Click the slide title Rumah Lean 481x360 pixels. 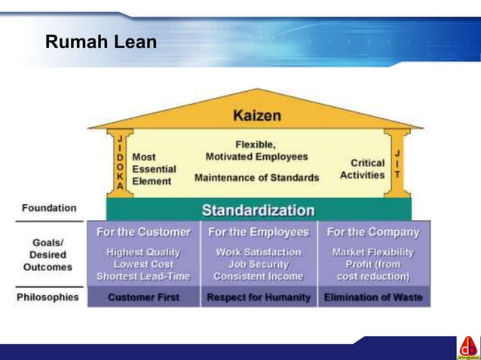click(100, 42)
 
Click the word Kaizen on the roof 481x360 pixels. click(257, 115)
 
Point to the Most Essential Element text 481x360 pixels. click(154, 169)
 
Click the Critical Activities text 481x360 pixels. click(366, 169)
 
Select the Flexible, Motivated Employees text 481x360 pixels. click(256, 151)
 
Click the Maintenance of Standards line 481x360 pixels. click(256, 178)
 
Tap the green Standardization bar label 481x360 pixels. click(258, 209)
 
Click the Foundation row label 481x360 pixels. click(49, 208)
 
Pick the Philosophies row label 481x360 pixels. click(47, 297)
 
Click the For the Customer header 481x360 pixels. click(143, 232)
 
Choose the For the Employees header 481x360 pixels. click(259, 232)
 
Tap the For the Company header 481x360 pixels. click(373, 232)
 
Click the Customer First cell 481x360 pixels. click(143, 297)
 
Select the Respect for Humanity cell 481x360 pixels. click(259, 297)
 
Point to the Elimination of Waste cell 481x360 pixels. click(373, 297)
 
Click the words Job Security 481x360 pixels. click(259, 264)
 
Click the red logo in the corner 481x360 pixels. click(467, 347)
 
